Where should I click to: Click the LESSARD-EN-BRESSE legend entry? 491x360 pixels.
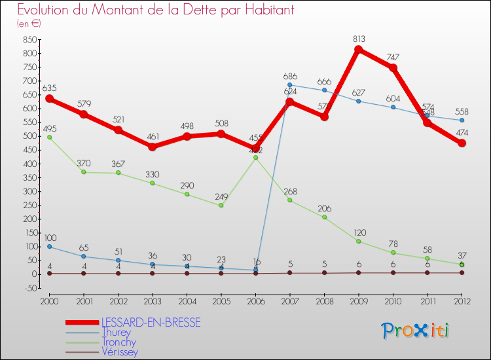(x=151, y=322)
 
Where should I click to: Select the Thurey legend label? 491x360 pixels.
(x=116, y=332)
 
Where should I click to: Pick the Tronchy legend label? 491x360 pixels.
(x=118, y=342)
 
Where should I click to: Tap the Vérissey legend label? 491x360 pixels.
(x=120, y=351)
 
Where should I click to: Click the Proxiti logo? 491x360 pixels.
(x=416, y=331)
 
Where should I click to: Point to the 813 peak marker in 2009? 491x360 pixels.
(x=359, y=50)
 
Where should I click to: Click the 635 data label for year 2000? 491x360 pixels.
(x=49, y=88)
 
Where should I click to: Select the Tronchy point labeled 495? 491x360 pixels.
(x=49, y=137)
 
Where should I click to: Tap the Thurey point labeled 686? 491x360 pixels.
(x=290, y=84)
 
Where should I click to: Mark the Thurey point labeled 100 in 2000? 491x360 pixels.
(x=49, y=247)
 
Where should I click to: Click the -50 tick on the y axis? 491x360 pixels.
(x=28, y=288)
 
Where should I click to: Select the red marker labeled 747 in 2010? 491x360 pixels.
(x=393, y=67)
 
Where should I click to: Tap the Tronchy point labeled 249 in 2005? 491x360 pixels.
(x=221, y=206)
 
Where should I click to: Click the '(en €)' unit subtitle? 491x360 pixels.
(x=29, y=24)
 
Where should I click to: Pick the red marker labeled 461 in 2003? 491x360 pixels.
(x=153, y=147)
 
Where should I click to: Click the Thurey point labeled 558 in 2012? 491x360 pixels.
(x=462, y=120)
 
